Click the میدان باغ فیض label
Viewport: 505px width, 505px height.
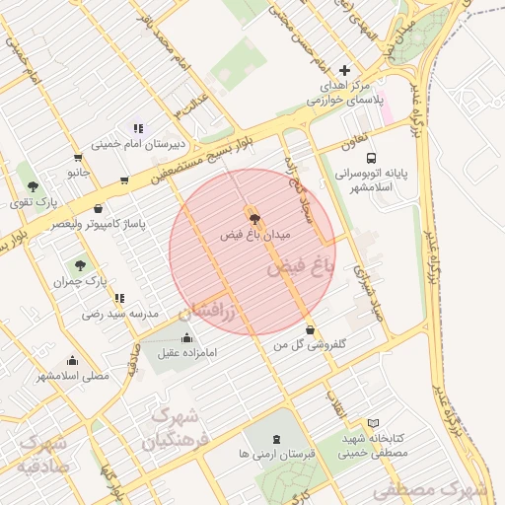(254, 237)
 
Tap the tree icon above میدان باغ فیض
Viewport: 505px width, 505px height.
(254, 219)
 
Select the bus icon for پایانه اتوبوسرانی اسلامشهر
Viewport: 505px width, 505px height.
(371, 158)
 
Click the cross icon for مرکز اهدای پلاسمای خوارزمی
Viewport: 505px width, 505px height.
(344, 70)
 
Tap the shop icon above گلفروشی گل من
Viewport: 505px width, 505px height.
(312, 330)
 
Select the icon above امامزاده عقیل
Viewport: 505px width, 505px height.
(187, 337)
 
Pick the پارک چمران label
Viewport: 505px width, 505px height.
(81, 281)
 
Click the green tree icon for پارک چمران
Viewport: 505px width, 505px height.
(80, 264)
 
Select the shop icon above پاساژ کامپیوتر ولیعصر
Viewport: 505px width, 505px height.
(99, 209)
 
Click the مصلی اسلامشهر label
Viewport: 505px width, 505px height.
(73, 376)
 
